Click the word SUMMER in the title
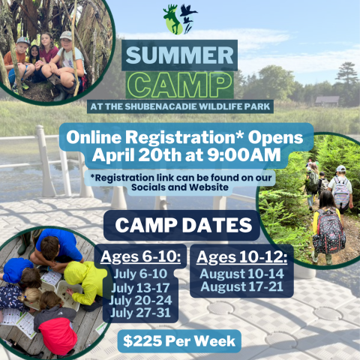pyautogui.click(x=180, y=56)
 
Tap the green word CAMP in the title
pyautogui.click(x=179, y=82)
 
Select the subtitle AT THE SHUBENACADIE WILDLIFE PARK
pyautogui.click(x=179, y=105)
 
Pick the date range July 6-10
pyautogui.click(x=141, y=274)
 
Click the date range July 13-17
pyautogui.click(x=141, y=287)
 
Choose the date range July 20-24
pyautogui.click(x=141, y=300)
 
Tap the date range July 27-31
pyautogui.click(x=141, y=313)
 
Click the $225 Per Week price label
pyautogui.click(x=180, y=341)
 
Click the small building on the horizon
pyautogui.click(x=327, y=100)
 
